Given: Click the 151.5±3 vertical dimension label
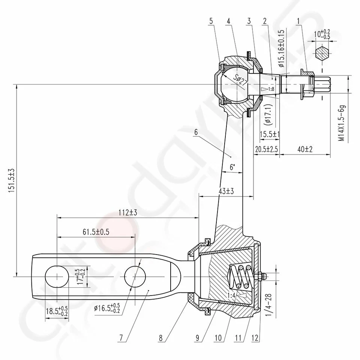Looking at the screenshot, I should point(11,181).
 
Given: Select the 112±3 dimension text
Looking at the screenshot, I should point(127,212).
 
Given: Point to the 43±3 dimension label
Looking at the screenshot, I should point(226,191).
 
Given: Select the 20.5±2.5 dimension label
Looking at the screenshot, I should point(266,149).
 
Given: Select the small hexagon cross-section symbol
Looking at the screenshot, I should point(322,53).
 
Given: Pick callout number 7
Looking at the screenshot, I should point(120,337).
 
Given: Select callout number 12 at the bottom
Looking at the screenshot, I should point(255,337).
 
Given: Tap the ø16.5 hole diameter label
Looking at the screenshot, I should point(107,308).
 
